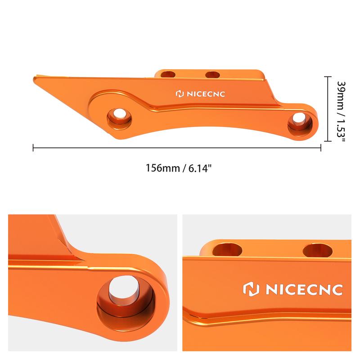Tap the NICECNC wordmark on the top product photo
pos(204,94)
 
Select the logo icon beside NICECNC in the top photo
pos(179,94)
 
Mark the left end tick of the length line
pos(34,147)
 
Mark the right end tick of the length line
pos(320,147)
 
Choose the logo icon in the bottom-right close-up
pos(250,289)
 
